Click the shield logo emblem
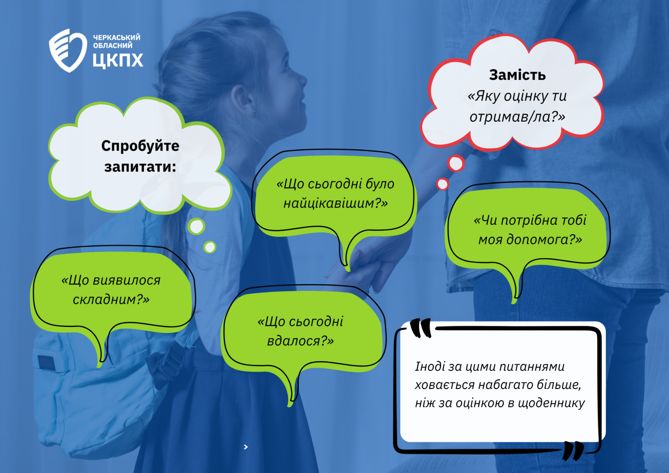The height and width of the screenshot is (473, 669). [x=68, y=50]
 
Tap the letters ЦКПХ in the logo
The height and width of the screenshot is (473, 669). [x=117, y=60]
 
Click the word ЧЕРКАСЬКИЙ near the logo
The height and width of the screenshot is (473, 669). [x=117, y=37]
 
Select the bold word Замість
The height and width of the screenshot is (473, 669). [x=517, y=75]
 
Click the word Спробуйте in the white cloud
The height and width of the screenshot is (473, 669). [x=140, y=146]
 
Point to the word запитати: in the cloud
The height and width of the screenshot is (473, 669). [x=140, y=167]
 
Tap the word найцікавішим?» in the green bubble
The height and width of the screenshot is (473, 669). [x=335, y=204]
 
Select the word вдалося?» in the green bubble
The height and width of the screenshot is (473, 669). [x=300, y=341]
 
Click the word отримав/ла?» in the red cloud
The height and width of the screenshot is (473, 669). [x=517, y=117]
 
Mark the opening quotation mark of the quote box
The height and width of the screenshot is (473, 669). [x=421, y=328]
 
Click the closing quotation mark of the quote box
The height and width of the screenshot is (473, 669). [x=573, y=450]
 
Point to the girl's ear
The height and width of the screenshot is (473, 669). [x=243, y=99]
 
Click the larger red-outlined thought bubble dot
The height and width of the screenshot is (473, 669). [x=456, y=164]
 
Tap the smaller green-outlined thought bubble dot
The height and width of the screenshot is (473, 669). [x=209, y=247]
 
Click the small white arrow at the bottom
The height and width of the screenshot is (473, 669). [x=246, y=447]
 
